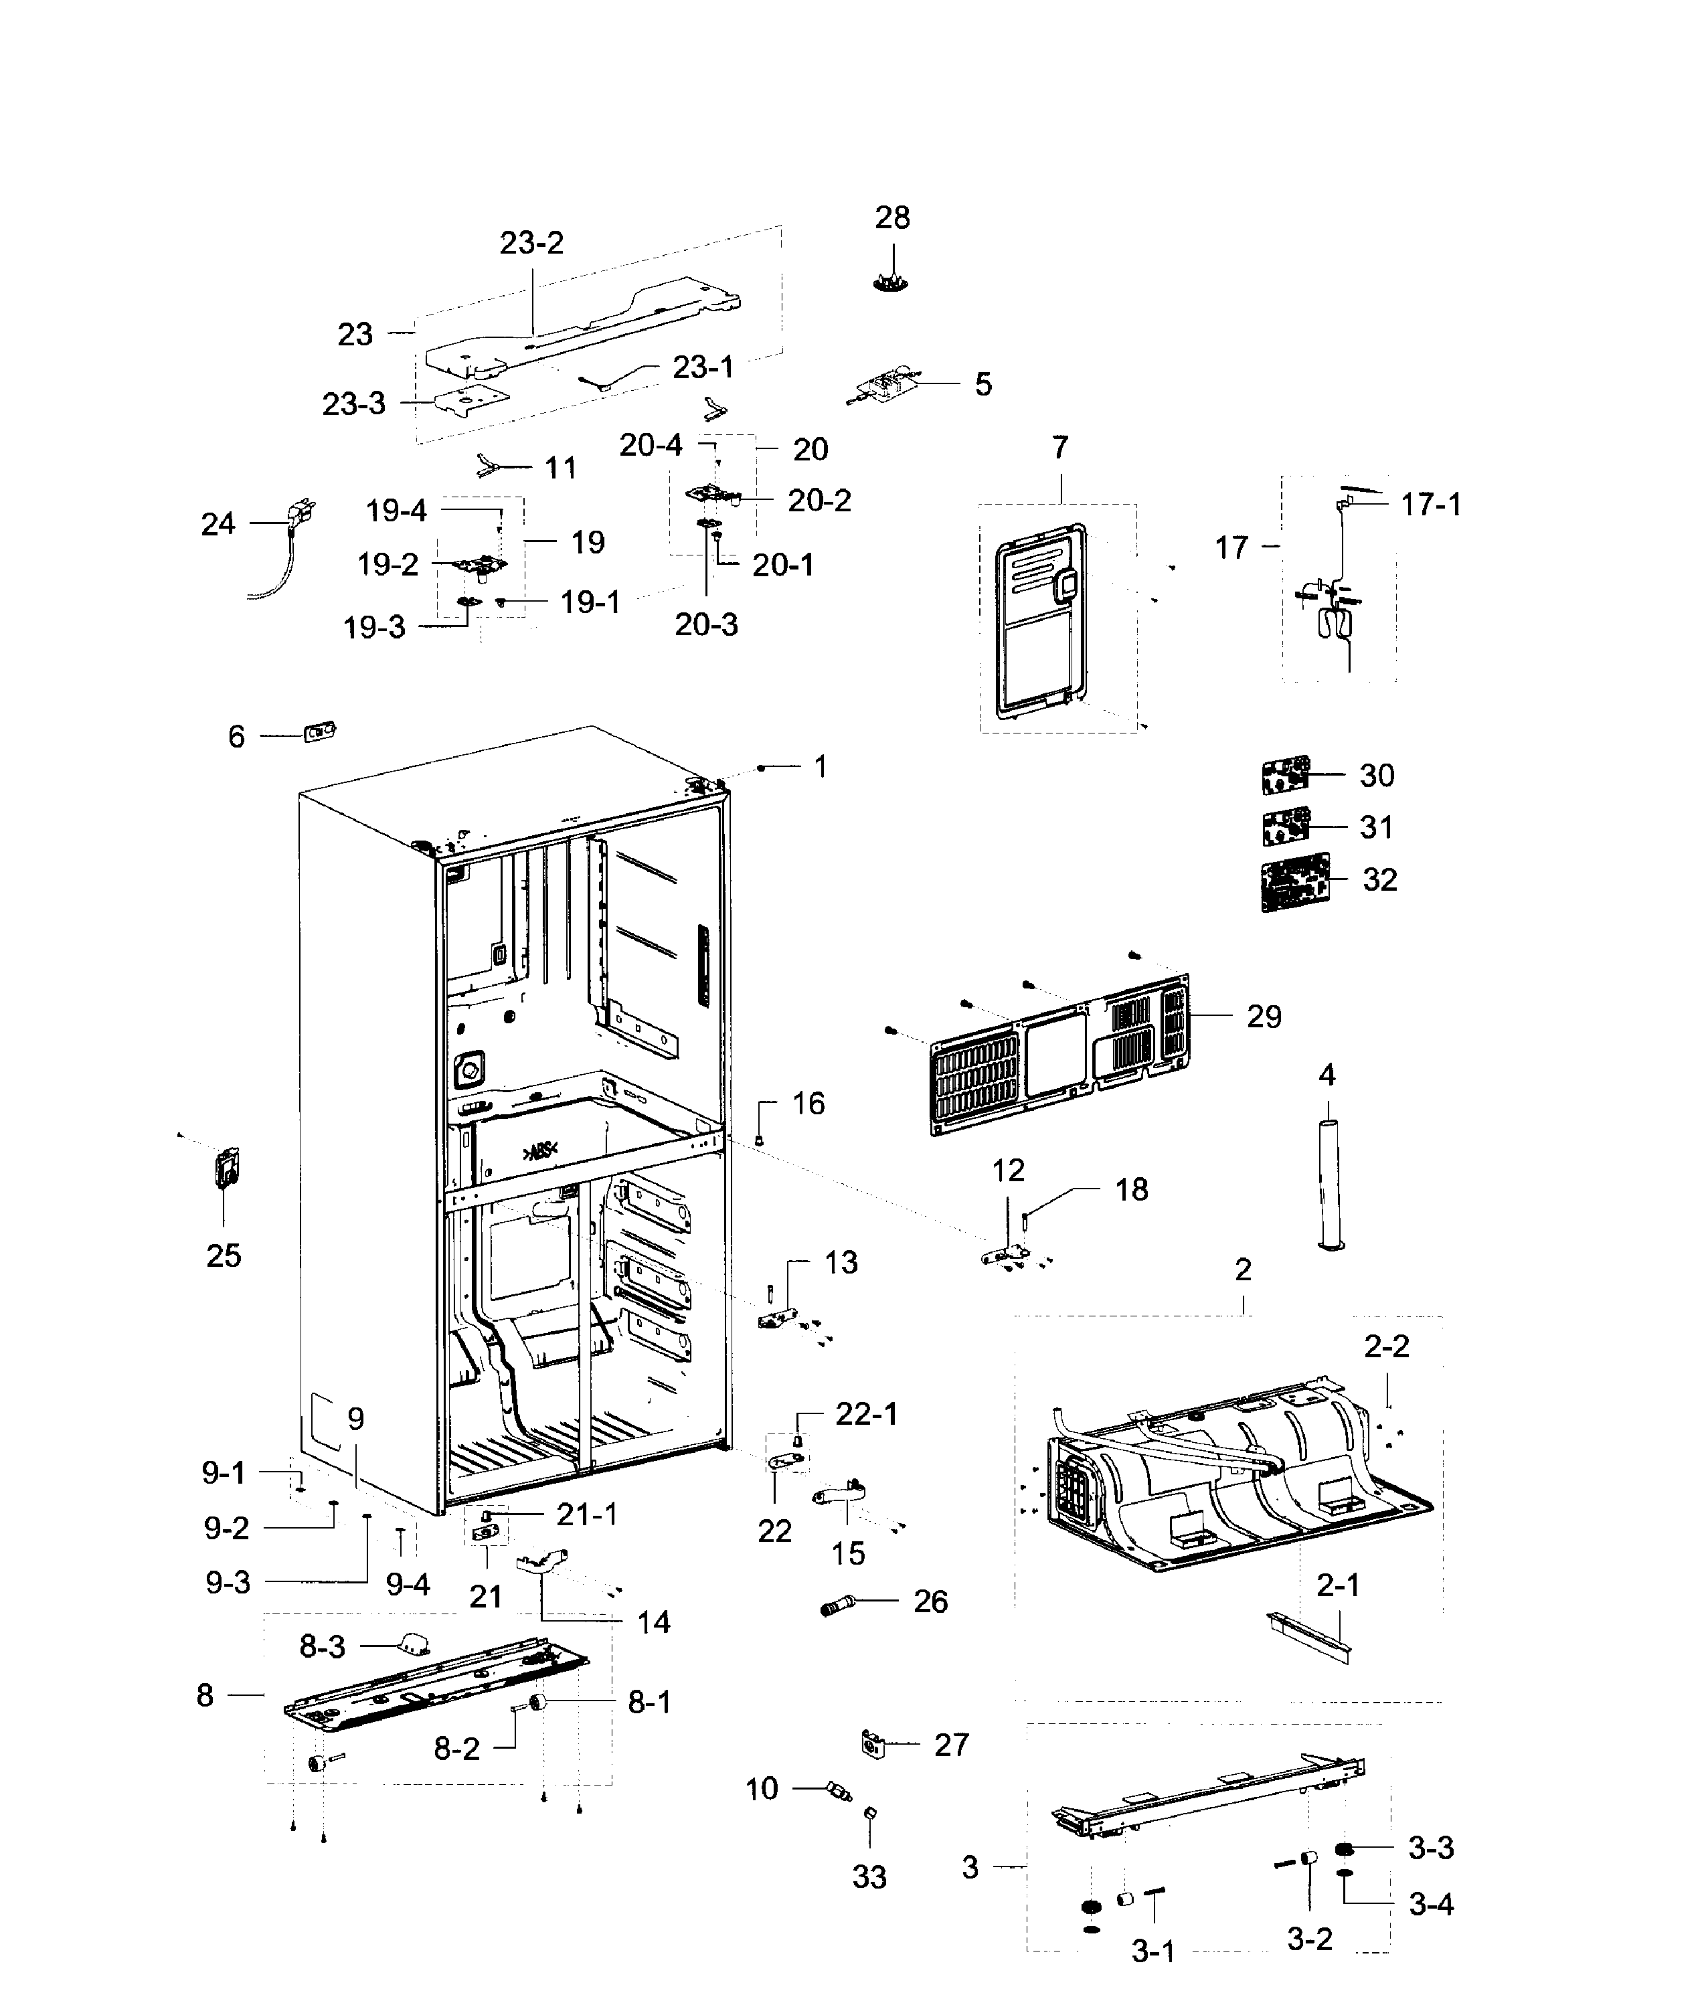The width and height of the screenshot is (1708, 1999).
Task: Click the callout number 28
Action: click(x=891, y=218)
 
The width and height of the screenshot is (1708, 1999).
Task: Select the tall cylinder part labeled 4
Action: click(x=1330, y=1184)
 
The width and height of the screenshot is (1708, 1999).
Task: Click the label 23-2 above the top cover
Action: click(x=531, y=243)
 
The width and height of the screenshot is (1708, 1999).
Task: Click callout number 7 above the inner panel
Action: click(x=1059, y=448)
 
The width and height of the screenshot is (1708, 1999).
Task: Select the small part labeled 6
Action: click(x=319, y=733)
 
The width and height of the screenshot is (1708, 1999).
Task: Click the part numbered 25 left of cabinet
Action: click(x=227, y=1168)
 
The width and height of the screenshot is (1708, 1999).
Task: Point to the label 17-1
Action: click(x=1430, y=505)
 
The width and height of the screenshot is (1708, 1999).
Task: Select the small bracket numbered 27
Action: click(x=871, y=1743)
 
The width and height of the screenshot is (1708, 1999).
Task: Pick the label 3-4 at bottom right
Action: click(x=1430, y=1905)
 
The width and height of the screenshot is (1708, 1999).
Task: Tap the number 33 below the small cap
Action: click(x=869, y=1877)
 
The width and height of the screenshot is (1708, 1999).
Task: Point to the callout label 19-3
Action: click(x=374, y=628)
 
